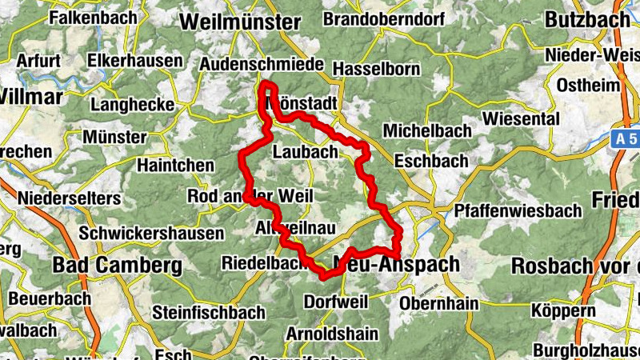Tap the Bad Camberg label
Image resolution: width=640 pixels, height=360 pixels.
coord(118,265)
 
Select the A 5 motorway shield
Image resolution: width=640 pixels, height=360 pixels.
coord(627,138)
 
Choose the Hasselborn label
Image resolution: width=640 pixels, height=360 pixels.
coord(376,70)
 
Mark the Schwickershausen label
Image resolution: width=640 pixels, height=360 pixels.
coord(151,234)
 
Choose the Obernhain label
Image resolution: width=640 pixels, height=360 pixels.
coord(438,303)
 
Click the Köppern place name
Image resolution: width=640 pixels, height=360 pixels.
coord(563,310)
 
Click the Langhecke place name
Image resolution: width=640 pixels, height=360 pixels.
coord(133,104)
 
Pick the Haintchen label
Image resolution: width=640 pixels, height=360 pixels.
coord(176,165)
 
